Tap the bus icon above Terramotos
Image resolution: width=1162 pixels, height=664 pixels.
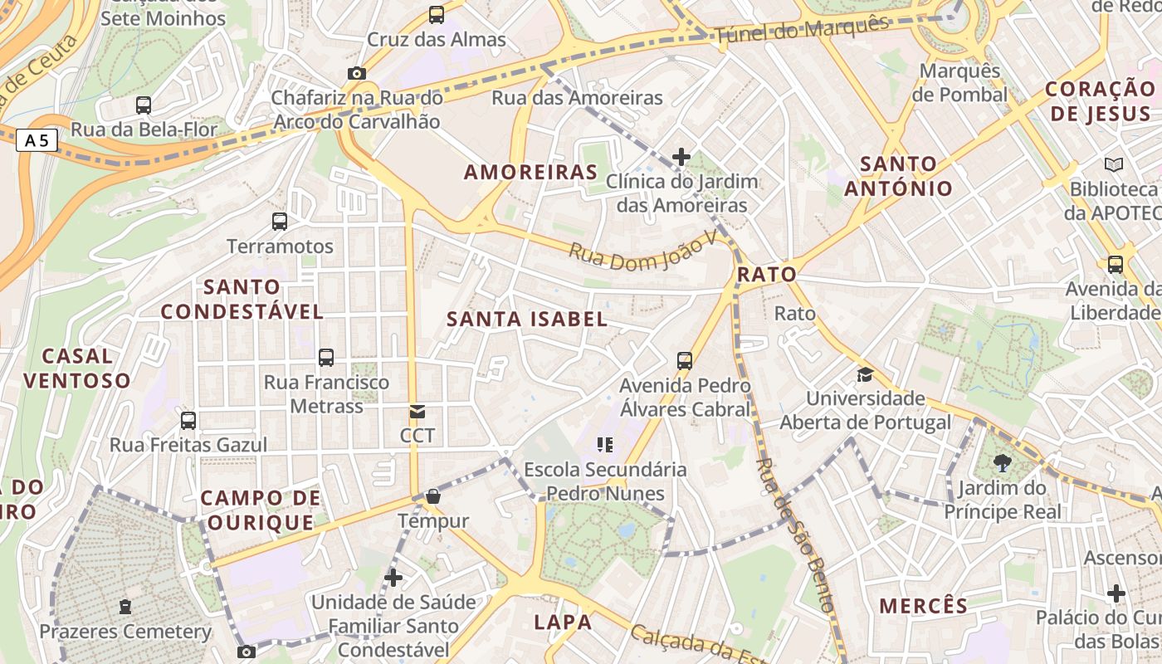pos(280,222)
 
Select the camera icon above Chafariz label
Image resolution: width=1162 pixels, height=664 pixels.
pos(357,73)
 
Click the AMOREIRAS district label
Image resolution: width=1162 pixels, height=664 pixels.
pos(530,173)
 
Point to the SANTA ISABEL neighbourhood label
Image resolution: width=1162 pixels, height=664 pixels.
pos(527,320)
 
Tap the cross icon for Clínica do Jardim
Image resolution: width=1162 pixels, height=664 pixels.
pos(681,156)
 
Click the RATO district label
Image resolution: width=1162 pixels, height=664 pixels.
pos(766,274)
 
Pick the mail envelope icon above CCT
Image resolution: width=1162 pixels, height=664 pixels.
pos(417,412)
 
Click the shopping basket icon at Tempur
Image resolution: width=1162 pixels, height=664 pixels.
pos(432,497)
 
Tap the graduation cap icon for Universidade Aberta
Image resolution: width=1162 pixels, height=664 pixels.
pos(865,374)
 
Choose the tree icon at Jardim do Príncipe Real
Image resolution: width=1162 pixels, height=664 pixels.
pos(1003,463)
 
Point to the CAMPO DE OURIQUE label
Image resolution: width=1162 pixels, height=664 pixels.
pos(261,510)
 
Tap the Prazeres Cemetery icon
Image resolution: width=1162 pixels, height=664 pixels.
pos(125,608)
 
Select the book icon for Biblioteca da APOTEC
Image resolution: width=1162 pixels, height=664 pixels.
pos(1113,164)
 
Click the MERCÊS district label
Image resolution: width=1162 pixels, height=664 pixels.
pos(924,606)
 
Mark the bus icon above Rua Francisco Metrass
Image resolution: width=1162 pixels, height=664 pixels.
pos(326,358)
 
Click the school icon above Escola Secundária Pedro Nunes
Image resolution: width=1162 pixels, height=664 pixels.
pos(605,445)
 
